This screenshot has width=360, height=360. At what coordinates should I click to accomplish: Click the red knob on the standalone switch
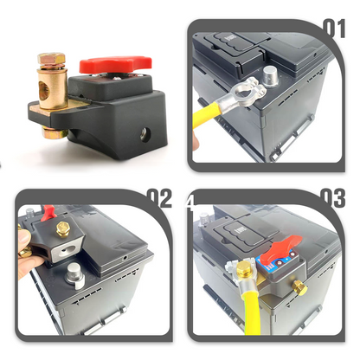click(115, 65)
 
